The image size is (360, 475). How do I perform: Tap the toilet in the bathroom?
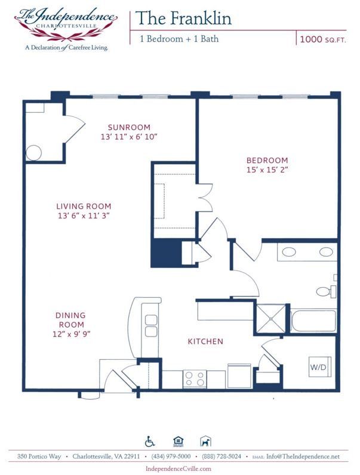click(324, 292)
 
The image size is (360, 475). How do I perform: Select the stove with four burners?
click(195, 378)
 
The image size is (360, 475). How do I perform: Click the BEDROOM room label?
click(267, 161)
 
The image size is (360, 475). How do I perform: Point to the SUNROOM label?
click(129, 127)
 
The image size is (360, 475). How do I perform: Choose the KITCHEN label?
click(205, 341)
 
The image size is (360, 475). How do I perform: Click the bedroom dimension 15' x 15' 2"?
click(267, 169)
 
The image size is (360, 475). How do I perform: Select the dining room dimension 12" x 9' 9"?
click(71, 334)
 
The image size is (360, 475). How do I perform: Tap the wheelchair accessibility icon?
click(150, 442)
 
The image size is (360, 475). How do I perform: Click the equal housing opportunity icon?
click(177, 442)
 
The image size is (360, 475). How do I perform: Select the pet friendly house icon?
click(205, 442)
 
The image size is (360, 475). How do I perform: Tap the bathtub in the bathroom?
click(313, 320)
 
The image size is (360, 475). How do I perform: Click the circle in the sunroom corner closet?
click(34, 153)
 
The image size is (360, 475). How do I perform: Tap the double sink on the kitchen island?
click(151, 325)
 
